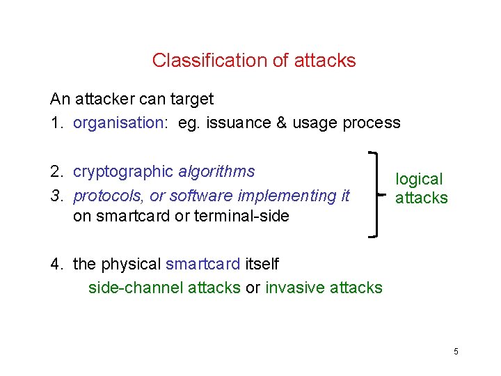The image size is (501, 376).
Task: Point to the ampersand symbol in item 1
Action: coord(281,123)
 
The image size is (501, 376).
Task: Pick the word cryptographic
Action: coord(123,171)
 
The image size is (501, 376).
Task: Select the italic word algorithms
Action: coord(216,171)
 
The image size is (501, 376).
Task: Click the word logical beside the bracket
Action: coord(419,179)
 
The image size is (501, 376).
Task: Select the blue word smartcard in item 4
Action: coord(203,265)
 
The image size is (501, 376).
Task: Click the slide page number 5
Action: coord(456,352)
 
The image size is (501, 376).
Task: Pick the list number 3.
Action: coord(56,196)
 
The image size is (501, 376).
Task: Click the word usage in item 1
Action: coord(312,123)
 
